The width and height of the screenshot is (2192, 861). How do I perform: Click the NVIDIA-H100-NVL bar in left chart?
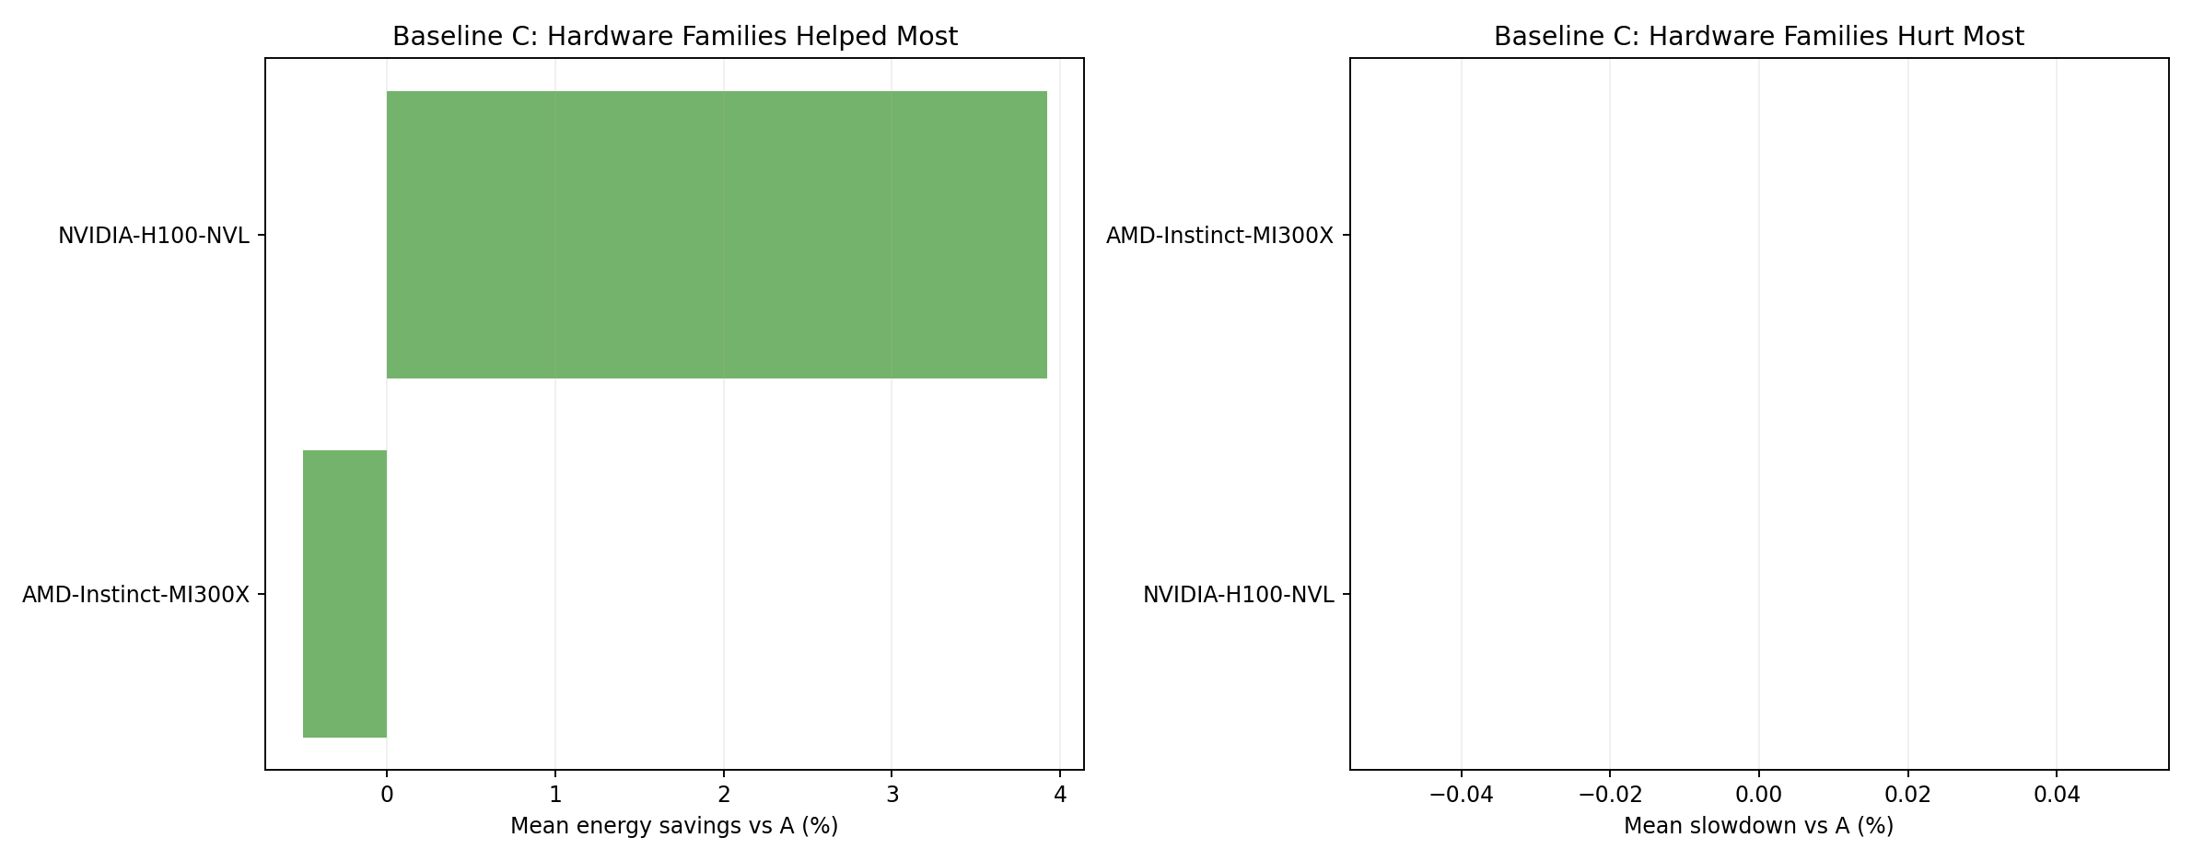coord(717,235)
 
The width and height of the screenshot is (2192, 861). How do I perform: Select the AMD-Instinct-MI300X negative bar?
coord(344,594)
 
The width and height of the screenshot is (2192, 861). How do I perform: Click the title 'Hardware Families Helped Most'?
coord(675,37)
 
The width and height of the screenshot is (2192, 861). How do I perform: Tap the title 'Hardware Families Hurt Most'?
coord(1758,37)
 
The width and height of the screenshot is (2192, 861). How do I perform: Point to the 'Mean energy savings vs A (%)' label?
coord(674,826)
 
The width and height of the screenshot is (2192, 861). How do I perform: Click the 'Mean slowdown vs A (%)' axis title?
coord(1758,826)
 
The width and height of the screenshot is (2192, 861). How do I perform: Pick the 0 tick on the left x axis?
coord(387,795)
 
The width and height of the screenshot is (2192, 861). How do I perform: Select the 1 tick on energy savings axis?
coord(555,795)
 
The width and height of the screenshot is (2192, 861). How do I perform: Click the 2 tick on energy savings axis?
coord(724,795)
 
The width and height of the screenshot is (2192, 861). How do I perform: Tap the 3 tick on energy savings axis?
coord(892,795)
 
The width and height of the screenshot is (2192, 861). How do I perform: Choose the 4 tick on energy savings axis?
coord(1060,795)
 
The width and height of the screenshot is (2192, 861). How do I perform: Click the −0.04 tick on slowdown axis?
coord(1461,795)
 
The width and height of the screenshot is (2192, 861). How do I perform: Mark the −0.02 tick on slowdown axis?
coord(1610,795)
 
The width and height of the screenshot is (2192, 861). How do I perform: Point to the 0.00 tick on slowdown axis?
coord(1759,795)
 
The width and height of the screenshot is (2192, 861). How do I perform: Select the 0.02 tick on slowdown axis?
coord(1907,795)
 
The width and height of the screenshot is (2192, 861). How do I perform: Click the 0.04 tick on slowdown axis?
coord(2057,795)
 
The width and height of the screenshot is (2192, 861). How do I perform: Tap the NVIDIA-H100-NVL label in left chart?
coord(154,236)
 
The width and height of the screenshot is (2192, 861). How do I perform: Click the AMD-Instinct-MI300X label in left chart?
coord(136,595)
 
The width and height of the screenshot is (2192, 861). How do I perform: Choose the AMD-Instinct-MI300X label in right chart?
coord(1219,236)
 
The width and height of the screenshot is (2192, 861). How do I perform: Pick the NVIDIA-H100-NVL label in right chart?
coord(1238,595)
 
